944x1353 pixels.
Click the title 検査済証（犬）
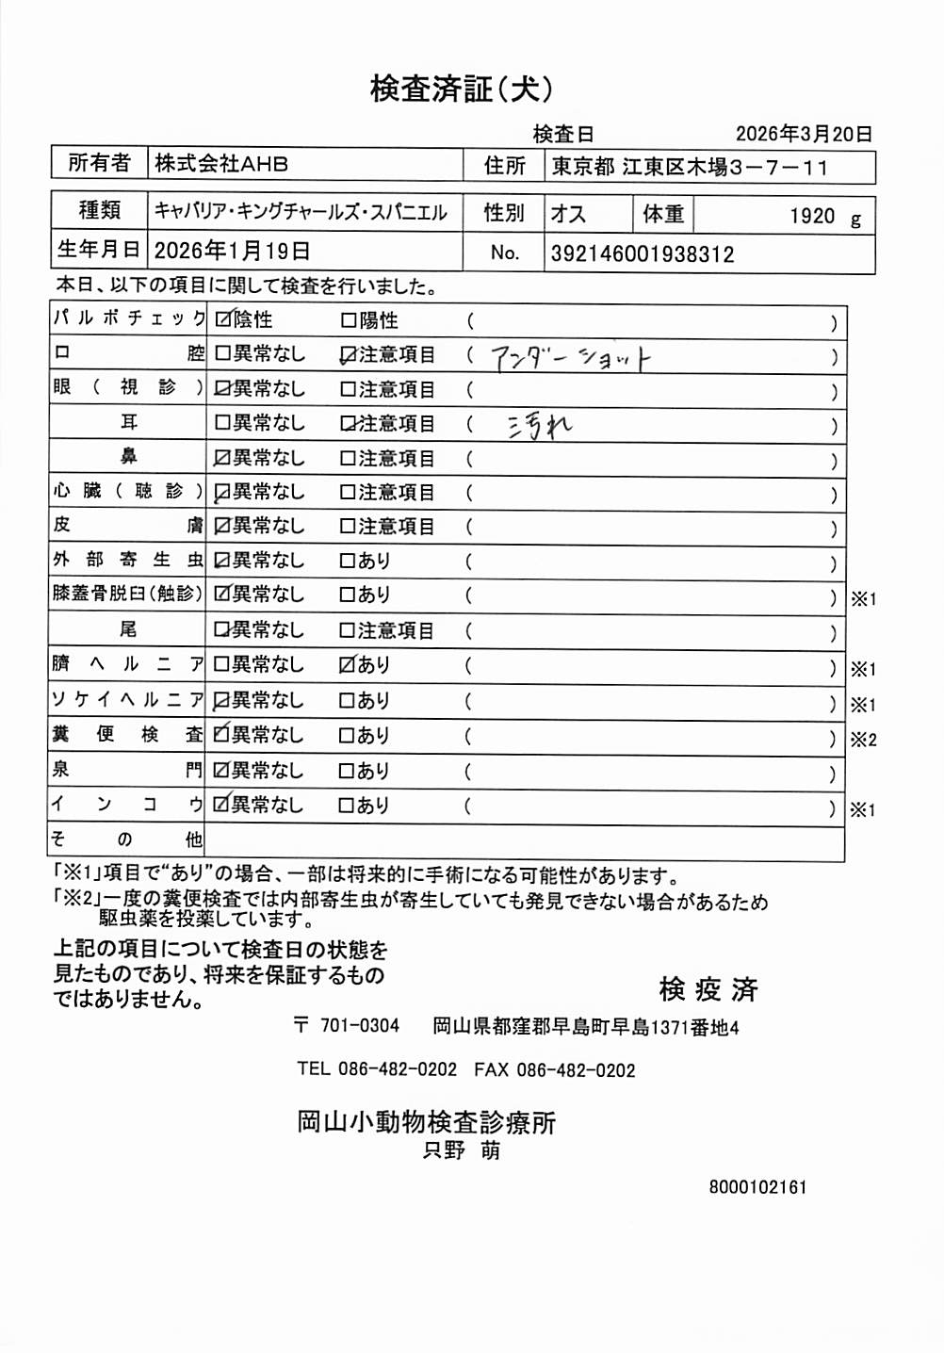point(461,89)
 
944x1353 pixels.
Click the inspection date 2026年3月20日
point(803,134)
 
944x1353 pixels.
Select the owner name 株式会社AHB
point(221,164)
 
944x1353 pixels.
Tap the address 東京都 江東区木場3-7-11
point(690,168)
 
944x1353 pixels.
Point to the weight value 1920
point(812,217)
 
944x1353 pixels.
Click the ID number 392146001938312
point(642,253)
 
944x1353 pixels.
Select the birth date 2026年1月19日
point(232,251)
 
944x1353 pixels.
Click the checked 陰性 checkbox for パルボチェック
point(223,320)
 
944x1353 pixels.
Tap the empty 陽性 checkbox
point(348,321)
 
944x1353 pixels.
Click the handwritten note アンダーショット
point(570,358)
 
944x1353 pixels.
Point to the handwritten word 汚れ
point(540,428)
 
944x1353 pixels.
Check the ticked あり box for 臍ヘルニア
point(347,665)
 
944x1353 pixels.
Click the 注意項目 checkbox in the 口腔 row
point(348,355)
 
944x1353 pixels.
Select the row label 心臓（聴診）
point(127,491)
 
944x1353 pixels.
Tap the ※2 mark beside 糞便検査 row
point(863,740)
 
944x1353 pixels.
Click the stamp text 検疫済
point(708,989)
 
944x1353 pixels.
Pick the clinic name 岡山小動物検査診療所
point(426,1122)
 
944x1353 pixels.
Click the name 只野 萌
point(462,1150)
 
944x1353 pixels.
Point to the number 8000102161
point(757,1187)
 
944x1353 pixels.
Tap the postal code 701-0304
point(359,1026)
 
